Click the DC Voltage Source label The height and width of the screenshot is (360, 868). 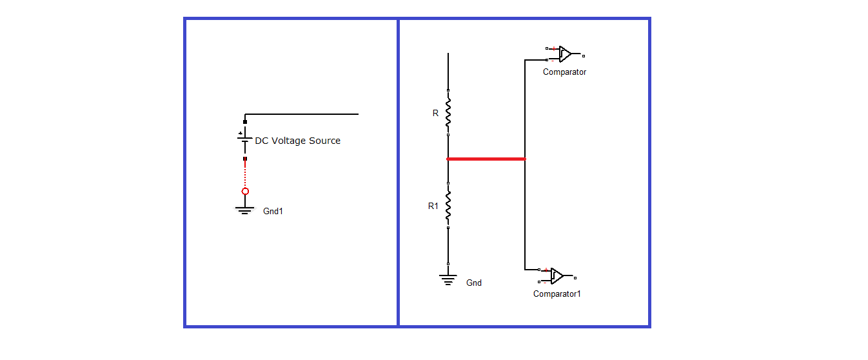(x=297, y=141)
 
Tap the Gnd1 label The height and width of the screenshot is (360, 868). (x=273, y=211)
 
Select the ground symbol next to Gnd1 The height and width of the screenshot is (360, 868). (x=244, y=209)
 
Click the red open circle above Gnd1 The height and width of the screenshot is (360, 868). (x=245, y=192)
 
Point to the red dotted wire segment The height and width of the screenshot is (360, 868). (x=245, y=173)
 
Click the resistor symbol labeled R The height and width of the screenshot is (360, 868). (x=448, y=113)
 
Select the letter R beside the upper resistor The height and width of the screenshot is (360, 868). (x=435, y=113)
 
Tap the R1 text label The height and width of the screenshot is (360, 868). (x=433, y=206)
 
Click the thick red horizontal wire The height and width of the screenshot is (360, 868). (x=486, y=159)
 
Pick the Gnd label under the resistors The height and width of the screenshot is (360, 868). (x=474, y=283)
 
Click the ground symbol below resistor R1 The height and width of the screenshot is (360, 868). (x=448, y=278)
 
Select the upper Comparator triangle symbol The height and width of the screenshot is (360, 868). (x=565, y=54)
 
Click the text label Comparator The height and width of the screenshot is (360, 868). (x=564, y=72)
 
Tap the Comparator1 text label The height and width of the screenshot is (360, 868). (x=557, y=294)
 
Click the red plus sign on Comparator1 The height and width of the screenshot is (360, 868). (x=546, y=270)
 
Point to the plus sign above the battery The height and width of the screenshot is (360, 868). (x=241, y=134)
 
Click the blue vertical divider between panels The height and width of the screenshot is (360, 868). (x=398, y=173)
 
